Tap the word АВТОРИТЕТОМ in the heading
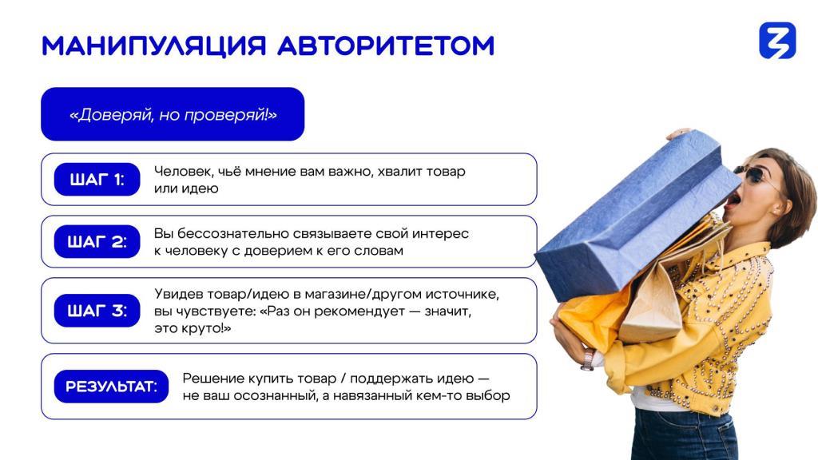pos(386,46)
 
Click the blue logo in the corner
pos(777,40)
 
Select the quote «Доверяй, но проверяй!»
pos(173,114)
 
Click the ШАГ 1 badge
pos(97,180)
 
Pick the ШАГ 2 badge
pos(97,241)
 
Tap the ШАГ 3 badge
pos(97,311)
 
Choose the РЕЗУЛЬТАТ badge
pos(111,387)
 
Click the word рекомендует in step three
pos(343,312)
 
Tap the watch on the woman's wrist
pos(588,359)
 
